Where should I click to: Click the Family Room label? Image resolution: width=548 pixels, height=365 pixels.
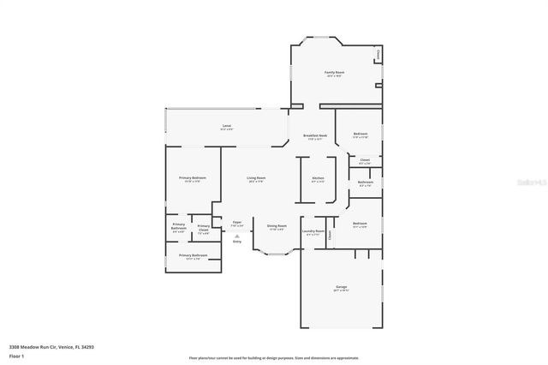coord(334,73)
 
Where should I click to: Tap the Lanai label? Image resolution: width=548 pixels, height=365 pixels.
coord(227,126)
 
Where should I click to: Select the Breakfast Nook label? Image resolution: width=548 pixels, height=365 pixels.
coord(313,135)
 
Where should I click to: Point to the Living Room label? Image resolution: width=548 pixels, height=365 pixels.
coord(255,177)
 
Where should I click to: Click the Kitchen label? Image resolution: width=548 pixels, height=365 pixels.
coord(318,179)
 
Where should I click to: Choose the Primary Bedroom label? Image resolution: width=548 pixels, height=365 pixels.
coord(192,177)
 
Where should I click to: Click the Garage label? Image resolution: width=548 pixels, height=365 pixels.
coord(340,286)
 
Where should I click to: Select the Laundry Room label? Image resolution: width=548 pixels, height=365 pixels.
coord(313,230)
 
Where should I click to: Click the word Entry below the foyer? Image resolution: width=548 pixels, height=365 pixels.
coord(237,242)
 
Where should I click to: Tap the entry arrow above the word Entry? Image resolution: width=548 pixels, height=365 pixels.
coord(237,236)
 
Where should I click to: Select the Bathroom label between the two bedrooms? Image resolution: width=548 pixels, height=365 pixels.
coord(366,181)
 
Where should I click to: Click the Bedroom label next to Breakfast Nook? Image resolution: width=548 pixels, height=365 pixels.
coord(360,134)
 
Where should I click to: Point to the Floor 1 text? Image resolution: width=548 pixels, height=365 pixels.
coord(16,356)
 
